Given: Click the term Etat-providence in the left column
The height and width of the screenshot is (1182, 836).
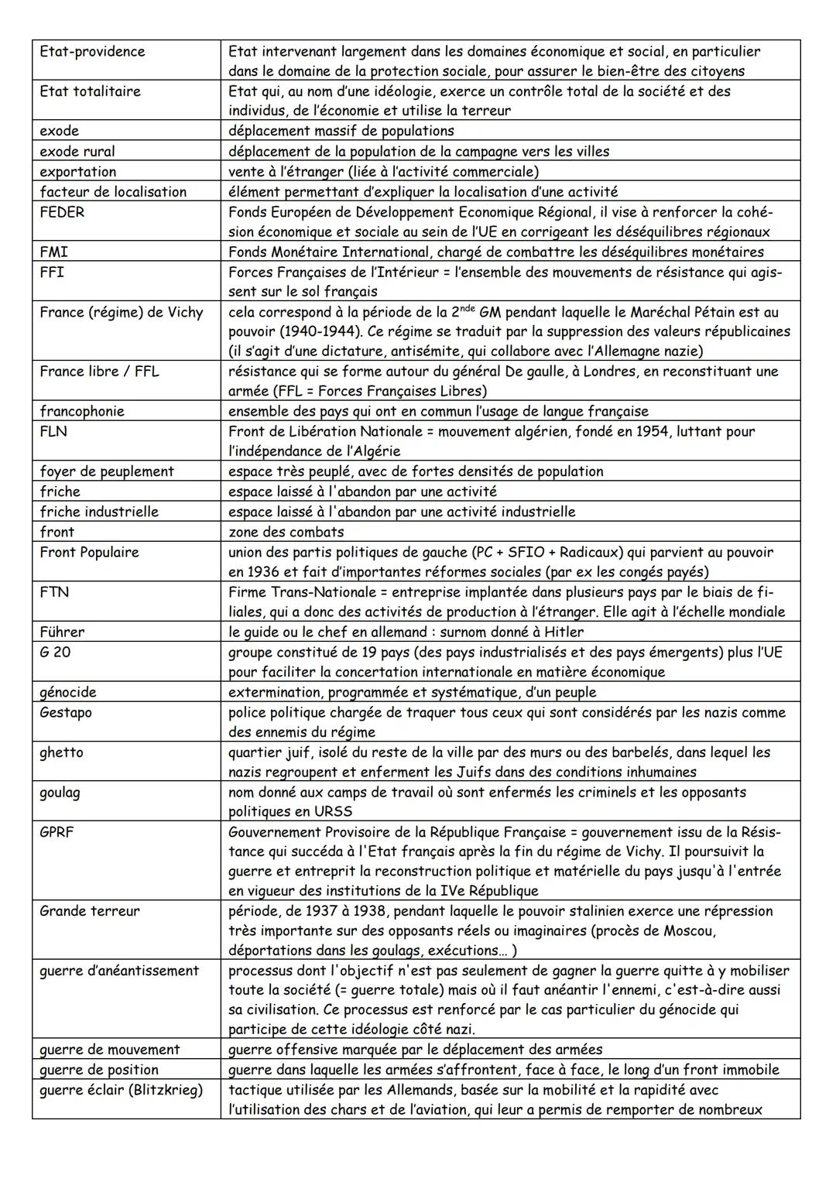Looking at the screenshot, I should click(x=92, y=52).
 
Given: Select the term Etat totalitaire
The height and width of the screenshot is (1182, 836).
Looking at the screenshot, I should click(x=90, y=91).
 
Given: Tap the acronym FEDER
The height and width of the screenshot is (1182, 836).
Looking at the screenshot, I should click(x=62, y=212).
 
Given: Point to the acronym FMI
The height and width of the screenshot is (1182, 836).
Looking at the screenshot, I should click(x=53, y=252).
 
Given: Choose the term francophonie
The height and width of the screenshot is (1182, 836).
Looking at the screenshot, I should click(x=82, y=411).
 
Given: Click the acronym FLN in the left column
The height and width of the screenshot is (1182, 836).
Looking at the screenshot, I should click(x=53, y=431).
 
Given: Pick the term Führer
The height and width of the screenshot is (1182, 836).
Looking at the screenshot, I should click(x=62, y=632).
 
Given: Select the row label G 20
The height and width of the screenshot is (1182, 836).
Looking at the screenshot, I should click(x=55, y=652).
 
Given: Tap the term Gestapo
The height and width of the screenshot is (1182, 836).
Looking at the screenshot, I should click(x=66, y=712).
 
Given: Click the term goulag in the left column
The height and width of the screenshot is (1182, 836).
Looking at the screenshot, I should click(x=60, y=792).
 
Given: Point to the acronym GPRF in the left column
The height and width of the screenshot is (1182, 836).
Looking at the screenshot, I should click(x=57, y=832).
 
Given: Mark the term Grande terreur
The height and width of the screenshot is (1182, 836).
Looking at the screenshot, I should click(x=90, y=911).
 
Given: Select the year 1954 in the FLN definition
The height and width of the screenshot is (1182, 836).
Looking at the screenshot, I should click(x=654, y=431).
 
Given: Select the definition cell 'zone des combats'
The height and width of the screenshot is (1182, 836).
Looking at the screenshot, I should click(x=286, y=532).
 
